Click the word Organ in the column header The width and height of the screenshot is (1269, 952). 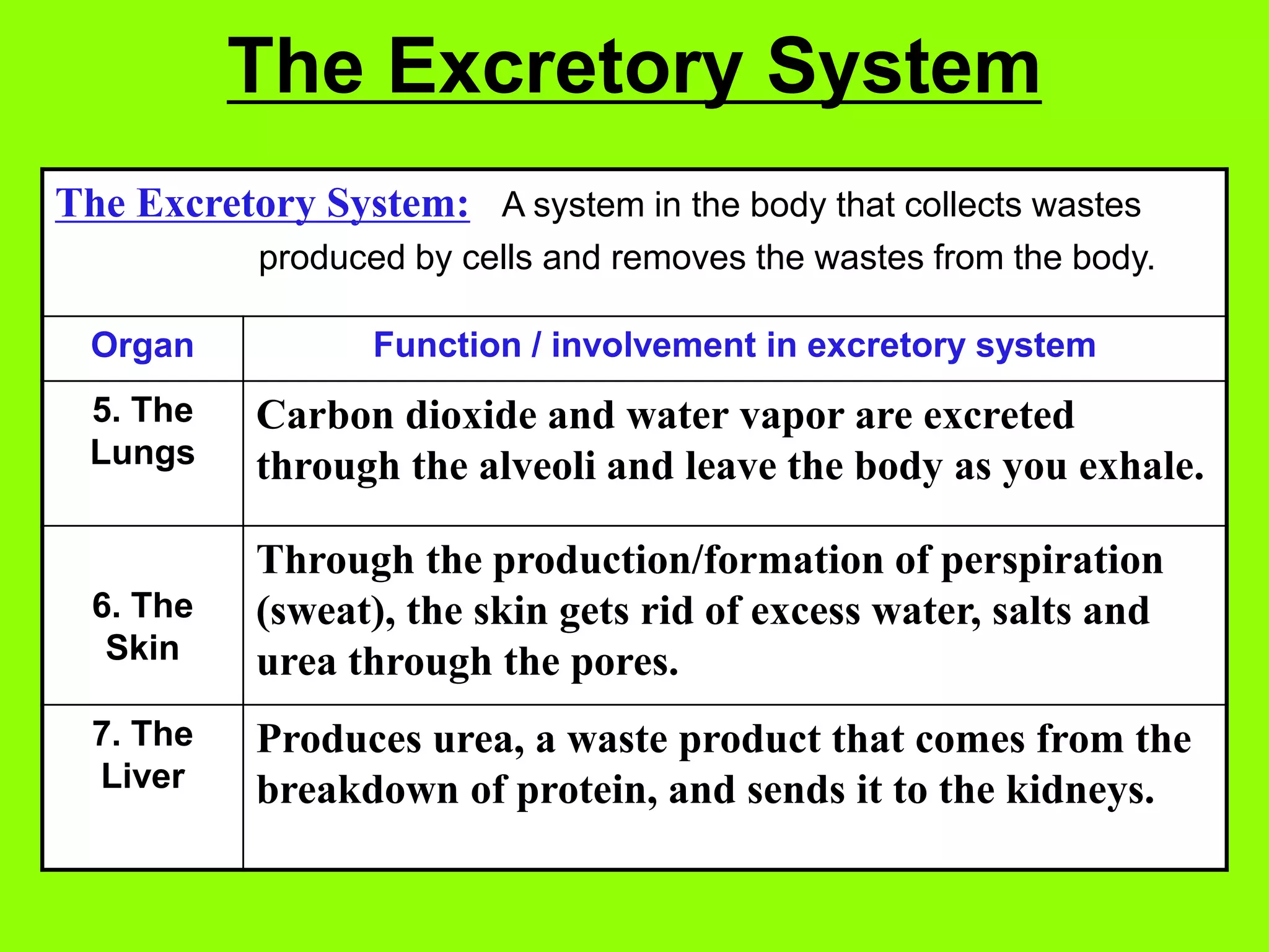(143, 346)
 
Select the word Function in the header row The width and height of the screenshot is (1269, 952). (447, 345)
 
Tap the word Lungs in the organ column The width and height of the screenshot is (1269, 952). (143, 452)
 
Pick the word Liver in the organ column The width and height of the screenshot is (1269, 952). (143, 776)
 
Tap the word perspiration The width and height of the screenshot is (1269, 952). (1052, 560)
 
